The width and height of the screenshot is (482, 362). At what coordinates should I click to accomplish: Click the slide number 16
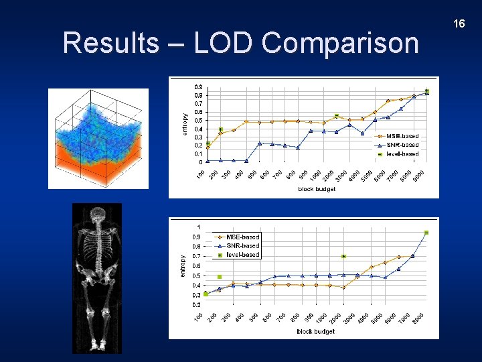click(x=459, y=24)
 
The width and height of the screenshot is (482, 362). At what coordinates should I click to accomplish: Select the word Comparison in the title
click(x=340, y=43)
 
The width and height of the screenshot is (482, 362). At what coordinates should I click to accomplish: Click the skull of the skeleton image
click(x=98, y=216)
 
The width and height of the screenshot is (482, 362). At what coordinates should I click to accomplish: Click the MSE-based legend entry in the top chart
click(x=401, y=136)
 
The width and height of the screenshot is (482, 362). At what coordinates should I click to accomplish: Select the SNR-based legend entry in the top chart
click(x=401, y=145)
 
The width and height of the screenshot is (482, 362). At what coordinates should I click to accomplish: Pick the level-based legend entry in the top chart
click(x=401, y=154)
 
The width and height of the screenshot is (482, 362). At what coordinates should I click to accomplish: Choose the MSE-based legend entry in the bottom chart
click(x=242, y=237)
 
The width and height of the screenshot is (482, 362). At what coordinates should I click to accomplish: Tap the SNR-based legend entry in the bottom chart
click(x=242, y=245)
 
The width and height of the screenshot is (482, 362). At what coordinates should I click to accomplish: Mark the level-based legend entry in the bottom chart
click(x=242, y=255)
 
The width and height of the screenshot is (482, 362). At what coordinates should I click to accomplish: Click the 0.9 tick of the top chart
click(x=199, y=86)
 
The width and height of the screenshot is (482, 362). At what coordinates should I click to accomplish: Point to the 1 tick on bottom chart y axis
click(x=197, y=227)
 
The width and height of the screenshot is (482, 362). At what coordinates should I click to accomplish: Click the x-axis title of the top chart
click(x=317, y=189)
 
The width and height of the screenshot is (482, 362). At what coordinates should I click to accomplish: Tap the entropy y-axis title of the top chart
click(x=185, y=125)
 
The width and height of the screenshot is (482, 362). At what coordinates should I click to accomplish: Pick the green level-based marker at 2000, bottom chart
click(x=343, y=256)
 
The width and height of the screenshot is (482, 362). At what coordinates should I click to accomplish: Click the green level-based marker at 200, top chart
click(x=221, y=129)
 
